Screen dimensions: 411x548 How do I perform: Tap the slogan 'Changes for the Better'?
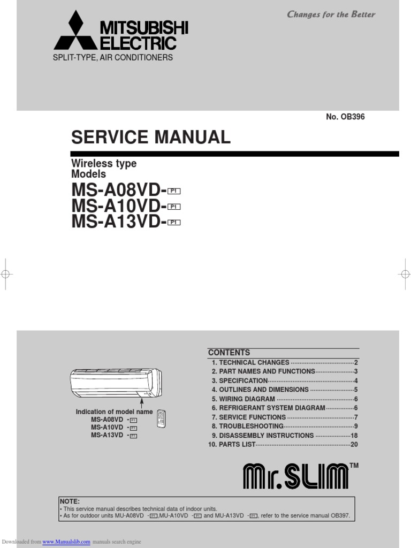[x=331, y=14]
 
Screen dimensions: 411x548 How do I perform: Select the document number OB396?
[x=345, y=117]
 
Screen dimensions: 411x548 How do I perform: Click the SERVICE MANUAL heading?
[x=151, y=138]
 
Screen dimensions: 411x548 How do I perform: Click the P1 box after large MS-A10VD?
[x=174, y=207]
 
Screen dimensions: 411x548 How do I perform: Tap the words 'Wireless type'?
[x=104, y=163]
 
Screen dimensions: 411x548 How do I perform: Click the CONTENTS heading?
[x=229, y=353]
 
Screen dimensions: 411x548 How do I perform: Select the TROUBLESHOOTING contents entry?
[x=251, y=426]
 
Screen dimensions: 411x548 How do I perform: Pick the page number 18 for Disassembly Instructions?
[x=354, y=436]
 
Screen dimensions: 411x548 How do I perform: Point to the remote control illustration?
[x=162, y=418]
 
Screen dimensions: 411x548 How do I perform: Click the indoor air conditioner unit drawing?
[x=116, y=383]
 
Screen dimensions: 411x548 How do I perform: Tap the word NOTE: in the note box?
[x=70, y=501]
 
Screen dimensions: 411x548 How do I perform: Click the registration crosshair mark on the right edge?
[x=404, y=273]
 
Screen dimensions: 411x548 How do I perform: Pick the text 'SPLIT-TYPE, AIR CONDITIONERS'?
[x=113, y=58]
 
